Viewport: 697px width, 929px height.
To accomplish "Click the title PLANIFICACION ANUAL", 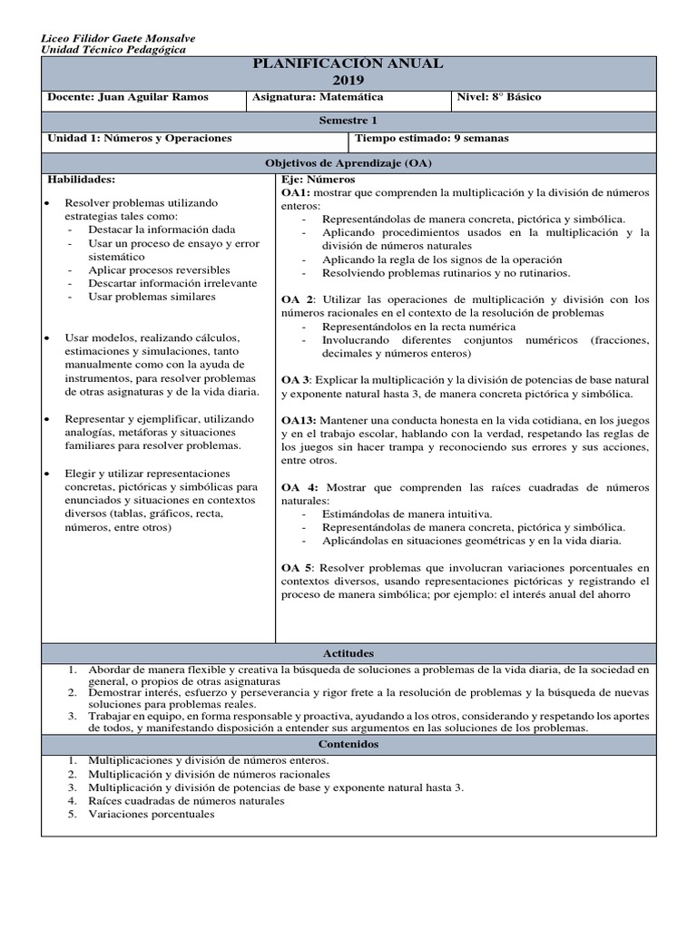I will tap(348, 64).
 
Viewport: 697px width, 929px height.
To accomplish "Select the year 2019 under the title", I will tap(348, 80).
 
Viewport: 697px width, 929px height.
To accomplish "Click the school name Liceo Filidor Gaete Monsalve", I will tap(119, 38).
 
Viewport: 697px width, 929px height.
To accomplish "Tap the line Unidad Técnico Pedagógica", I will tap(114, 50).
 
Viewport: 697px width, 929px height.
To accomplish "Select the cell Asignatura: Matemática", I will tap(318, 97).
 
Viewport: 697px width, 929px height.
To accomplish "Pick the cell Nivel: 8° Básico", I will tap(499, 97).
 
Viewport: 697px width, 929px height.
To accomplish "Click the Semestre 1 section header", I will tap(348, 121).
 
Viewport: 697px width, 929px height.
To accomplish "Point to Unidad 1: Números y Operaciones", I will tap(139, 138).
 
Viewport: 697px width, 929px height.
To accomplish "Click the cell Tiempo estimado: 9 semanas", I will tap(432, 138).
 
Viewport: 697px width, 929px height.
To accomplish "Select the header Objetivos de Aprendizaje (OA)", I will tap(348, 162).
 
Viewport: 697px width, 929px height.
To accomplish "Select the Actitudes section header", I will tap(348, 653).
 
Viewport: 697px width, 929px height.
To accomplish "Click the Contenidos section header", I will tap(348, 744).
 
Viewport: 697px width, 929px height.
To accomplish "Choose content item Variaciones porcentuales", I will tap(151, 814).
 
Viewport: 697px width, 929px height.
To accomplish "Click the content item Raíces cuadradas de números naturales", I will tap(186, 800).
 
